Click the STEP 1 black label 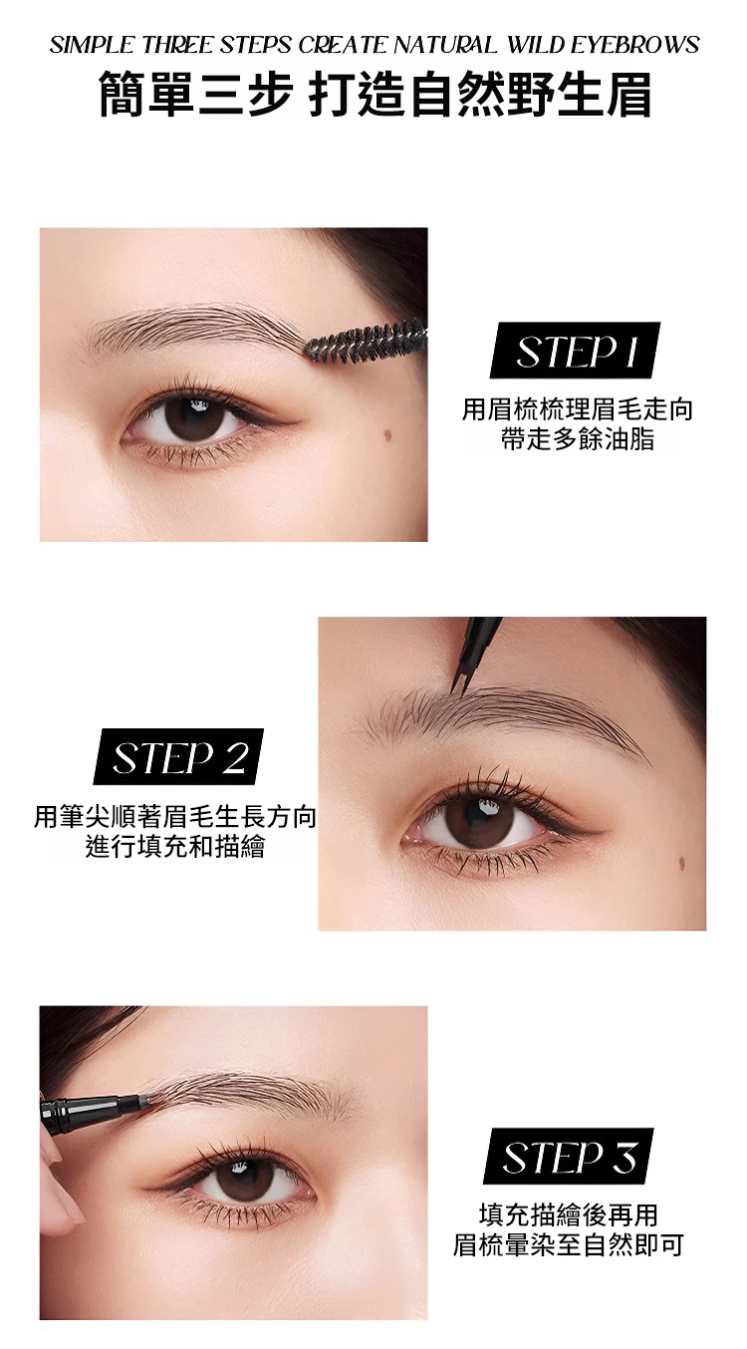pyautogui.click(x=575, y=350)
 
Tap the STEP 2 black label pyautogui.click(x=178, y=756)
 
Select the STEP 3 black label pyautogui.click(x=569, y=1156)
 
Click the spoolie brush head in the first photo pyautogui.click(x=365, y=342)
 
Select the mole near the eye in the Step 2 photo pyautogui.click(x=681, y=864)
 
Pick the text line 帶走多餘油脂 pyautogui.click(x=578, y=439)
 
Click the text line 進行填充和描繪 pyautogui.click(x=175, y=846)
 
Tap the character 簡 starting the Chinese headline pyautogui.click(x=122, y=95)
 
